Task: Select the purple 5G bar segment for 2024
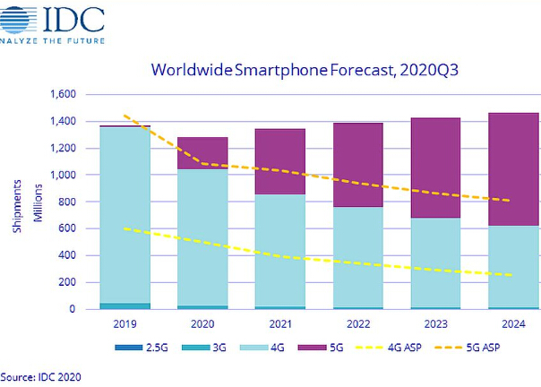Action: (512, 188)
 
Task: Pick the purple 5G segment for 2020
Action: (202, 153)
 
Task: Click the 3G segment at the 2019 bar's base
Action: (125, 306)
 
